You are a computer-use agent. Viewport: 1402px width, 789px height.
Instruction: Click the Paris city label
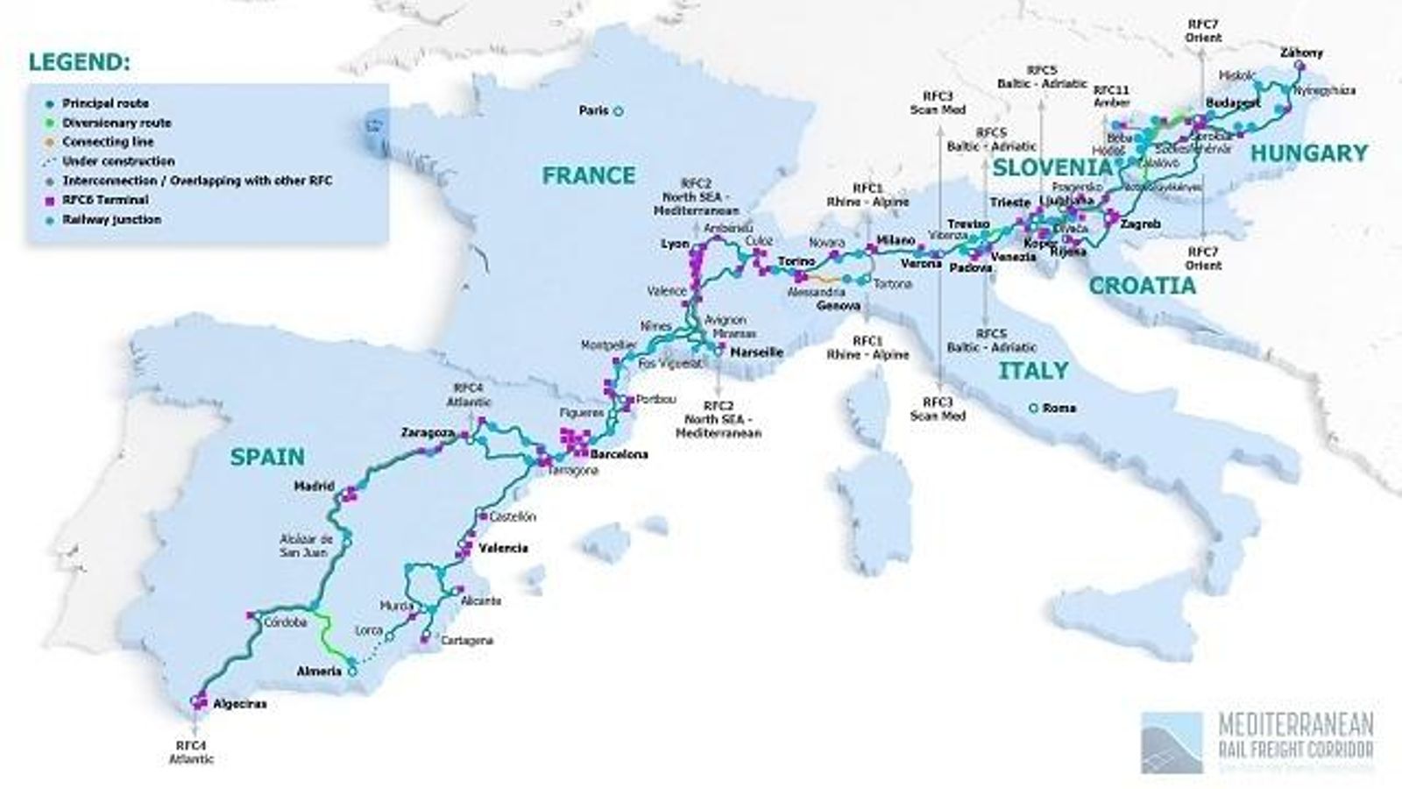coord(593,111)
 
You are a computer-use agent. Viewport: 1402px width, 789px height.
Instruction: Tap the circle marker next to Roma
coord(1035,408)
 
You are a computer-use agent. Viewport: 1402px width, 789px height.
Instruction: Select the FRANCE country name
coord(588,175)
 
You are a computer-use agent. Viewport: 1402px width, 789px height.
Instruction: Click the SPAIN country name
coord(267,456)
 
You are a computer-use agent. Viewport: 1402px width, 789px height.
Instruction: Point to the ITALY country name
coord(1033,371)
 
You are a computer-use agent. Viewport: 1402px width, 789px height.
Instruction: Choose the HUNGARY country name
coord(1308,153)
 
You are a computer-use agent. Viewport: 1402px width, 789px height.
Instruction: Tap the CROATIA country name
coord(1142,286)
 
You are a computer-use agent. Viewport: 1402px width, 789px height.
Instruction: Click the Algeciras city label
coord(238,704)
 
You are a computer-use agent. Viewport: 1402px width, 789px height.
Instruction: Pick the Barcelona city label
coord(620,454)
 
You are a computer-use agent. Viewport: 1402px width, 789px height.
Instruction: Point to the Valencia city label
coord(504,548)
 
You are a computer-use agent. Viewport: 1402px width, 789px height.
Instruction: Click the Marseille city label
coord(756,352)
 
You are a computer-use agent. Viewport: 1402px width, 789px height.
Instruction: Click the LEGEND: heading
coord(79,63)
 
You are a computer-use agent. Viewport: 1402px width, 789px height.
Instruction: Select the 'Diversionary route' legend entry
coord(117,123)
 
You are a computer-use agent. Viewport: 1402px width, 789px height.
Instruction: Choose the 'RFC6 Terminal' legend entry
coord(105,200)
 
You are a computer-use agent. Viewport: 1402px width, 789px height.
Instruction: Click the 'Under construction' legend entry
coord(118,161)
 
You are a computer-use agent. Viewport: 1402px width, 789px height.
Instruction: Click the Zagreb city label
coord(1140,224)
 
